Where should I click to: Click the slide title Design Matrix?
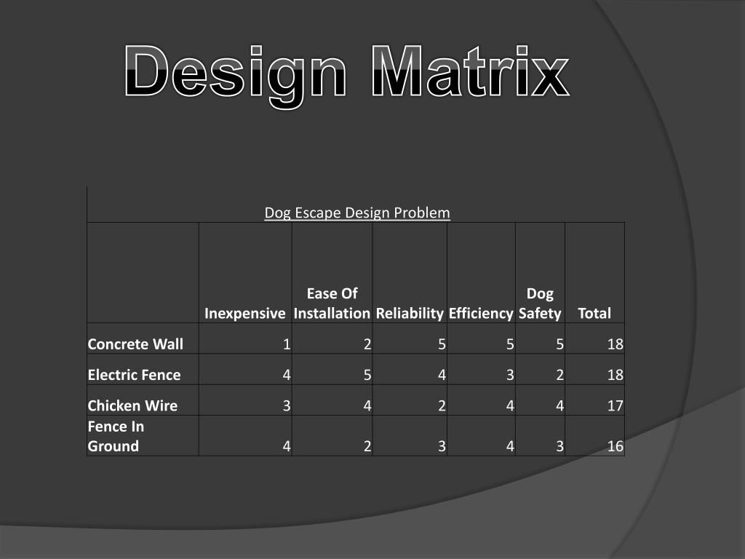pyautogui.click(x=346, y=73)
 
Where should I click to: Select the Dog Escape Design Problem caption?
pyautogui.click(x=356, y=213)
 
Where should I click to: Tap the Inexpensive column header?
pyautogui.click(x=244, y=313)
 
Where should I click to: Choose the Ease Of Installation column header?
pyautogui.click(x=332, y=304)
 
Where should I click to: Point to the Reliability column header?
pyautogui.click(x=410, y=313)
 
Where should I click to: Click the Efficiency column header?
pyautogui.click(x=481, y=313)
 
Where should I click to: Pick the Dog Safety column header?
pyautogui.click(x=540, y=304)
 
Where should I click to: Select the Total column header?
pyautogui.click(x=594, y=313)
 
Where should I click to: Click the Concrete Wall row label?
pyautogui.click(x=135, y=344)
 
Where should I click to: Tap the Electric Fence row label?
pyautogui.click(x=134, y=375)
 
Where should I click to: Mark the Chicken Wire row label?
pyautogui.click(x=132, y=405)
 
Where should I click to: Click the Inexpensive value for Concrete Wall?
pyautogui.click(x=287, y=344)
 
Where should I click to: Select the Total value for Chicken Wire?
pyautogui.click(x=615, y=405)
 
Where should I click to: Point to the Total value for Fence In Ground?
pyautogui.click(x=615, y=446)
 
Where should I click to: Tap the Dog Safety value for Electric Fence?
pyautogui.click(x=560, y=375)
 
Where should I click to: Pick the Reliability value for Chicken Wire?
pyautogui.click(x=442, y=405)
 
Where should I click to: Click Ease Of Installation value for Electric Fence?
pyautogui.click(x=367, y=375)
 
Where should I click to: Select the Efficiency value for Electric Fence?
pyautogui.click(x=511, y=375)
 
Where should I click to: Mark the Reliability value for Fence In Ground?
pyautogui.click(x=442, y=446)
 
